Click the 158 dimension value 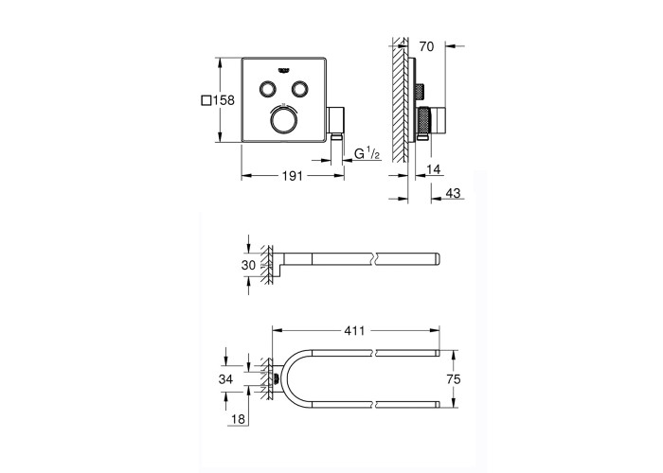click(224, 100)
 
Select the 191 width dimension click(293, 175)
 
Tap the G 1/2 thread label click(367, 153)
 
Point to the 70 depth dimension click(426, 46)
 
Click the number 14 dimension click(434, 169)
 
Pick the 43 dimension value click(453, 193)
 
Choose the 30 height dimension click(248, 265)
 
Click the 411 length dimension click(354, 330)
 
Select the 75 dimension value click(453, 379)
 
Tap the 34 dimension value click(225, 379)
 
